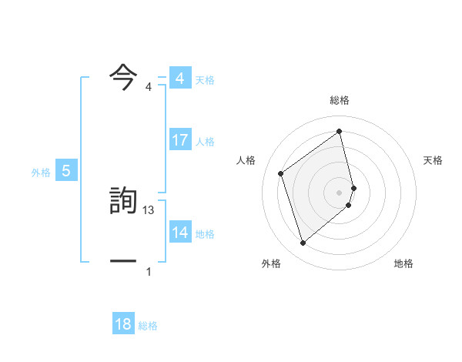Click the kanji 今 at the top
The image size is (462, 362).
click(x=123, y=77)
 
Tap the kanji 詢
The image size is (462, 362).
click(x=123, y=199)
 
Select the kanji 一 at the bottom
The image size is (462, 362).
click(x=123, y=261)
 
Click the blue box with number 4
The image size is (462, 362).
click(x=179, y=78)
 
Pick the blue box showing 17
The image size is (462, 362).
click(x=179, y=140)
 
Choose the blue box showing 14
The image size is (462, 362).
click(x=179, y=233)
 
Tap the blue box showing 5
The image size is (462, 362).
click(x=66, y=171)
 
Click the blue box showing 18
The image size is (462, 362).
click(x=123, y=324)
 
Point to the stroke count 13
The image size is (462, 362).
click(x=149, y=210)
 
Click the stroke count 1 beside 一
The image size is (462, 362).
click(x=149, y=272)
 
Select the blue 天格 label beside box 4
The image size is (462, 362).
click(x=205, y=79)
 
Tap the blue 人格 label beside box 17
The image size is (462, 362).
click(x=205, y=142)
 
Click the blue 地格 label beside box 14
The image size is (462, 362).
click(x=205, y=234)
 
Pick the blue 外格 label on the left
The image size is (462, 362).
click(x=41, y=173)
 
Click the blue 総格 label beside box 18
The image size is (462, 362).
click(x=148, y=326)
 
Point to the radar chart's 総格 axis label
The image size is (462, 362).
click(x=340, y=100)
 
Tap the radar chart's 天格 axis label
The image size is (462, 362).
click(x=434, y=160)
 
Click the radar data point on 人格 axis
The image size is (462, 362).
click(x=281, y=173)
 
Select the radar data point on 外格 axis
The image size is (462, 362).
click(x=303, y=243)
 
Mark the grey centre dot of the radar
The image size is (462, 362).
click(x=340, y=192)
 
